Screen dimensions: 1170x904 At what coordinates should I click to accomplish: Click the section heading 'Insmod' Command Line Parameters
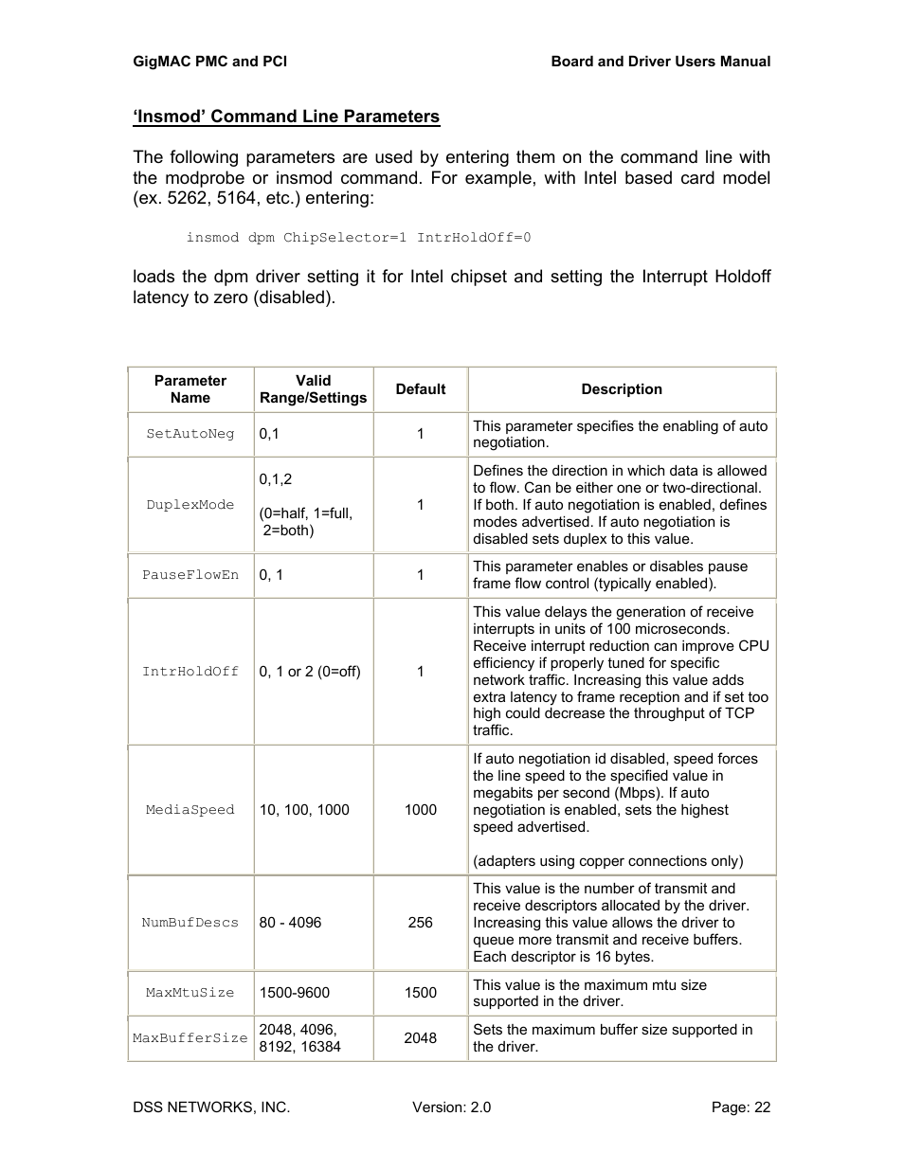(x=286, y=117)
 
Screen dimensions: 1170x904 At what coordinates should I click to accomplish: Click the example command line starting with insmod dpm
(x=358, y=238)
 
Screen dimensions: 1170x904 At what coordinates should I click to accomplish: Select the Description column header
(x=622, y=389)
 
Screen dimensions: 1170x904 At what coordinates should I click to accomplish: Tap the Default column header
(x=421, y=389)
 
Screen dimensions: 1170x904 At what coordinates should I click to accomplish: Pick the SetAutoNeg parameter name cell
(x=190, y=434)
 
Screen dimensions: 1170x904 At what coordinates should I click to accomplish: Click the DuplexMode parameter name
(x=190, y=505)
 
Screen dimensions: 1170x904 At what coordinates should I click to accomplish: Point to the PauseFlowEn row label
(x=190, y=575)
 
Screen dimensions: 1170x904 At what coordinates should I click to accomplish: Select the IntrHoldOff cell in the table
(x=190, y=672)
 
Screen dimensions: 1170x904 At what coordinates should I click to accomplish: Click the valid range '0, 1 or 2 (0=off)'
(x=310, y=672)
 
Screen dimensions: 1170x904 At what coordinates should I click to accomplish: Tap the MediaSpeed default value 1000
(x=421, y=810)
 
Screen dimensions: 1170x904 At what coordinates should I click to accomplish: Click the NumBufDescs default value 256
(x=421, y=923)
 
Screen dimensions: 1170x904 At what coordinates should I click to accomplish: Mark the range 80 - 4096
(x=290, y=923)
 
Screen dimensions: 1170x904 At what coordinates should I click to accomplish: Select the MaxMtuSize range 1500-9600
(x=295, y=993)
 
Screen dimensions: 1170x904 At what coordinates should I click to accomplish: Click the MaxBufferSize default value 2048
(x=421, y=1038)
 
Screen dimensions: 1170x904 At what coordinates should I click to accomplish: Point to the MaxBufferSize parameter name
(x=190, y=1038)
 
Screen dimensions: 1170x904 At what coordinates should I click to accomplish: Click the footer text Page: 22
(x=740, y=1107)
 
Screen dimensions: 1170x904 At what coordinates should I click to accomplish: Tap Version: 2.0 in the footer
(x=451, y=1107)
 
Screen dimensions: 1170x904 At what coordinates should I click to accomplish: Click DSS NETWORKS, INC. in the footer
(x=211, y=1107)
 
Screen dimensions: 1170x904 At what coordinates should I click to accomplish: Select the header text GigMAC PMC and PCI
(x=209, y=62)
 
